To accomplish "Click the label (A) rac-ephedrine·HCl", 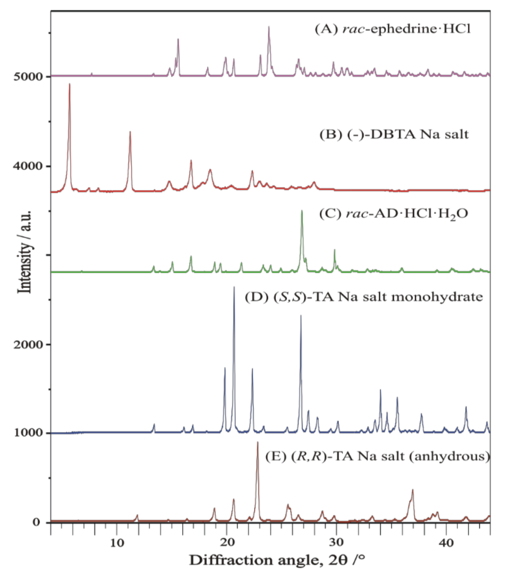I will point(393,29).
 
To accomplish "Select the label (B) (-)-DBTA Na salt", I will point(394,134).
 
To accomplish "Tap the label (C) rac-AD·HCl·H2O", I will point(393,214).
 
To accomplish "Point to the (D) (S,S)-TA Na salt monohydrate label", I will point(364,297).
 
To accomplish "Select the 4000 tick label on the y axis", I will point(27,166).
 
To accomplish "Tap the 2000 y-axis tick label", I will point(27,345).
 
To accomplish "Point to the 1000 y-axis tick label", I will point(27,433).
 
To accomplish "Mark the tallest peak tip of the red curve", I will point(70,84).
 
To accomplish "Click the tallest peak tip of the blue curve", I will point(234,287).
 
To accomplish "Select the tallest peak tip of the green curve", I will point(302,210).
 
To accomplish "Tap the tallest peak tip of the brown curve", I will point(257,442).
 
